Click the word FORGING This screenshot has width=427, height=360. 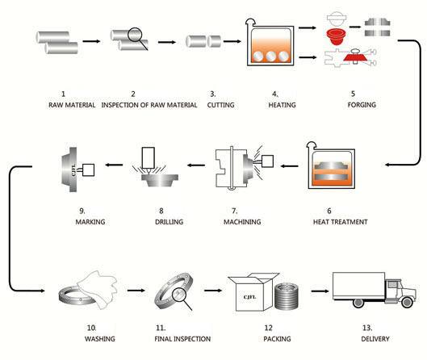[x=362, y=105]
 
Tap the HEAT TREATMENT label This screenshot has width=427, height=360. [x=340, y=222]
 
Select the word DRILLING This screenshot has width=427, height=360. [x=170, y=222]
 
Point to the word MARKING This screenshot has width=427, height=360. [x=90, y=222]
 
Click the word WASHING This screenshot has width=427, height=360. [x=99, y=339]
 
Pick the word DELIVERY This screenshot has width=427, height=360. [x=375, y=339]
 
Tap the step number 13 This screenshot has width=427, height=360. [x=367, y=328]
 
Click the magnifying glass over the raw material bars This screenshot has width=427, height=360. [x=136, y=38]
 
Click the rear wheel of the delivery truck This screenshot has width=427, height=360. [x=358, y=303]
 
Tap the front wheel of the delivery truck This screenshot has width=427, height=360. [x=407, y=302]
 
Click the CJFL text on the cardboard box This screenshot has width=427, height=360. [x=249, y=297]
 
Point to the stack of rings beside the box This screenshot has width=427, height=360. [x=287, y=296]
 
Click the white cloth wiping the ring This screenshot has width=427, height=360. [x=98, y=289]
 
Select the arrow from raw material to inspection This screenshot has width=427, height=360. [x=91, y=41]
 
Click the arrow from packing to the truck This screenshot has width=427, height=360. [x=320, y=291]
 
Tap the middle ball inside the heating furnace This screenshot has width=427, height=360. [x=270, y=57]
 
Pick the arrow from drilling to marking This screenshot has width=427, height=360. [x=114, y=165]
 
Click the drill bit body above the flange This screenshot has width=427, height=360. [x=149, y=159]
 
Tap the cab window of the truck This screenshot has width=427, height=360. [x=392, y=285]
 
